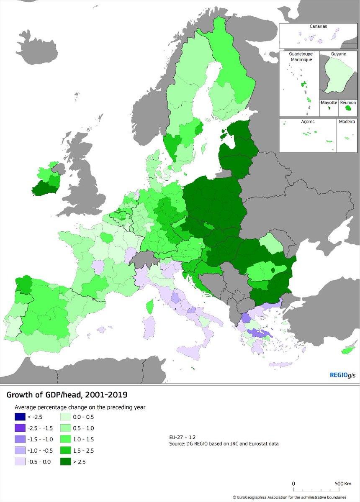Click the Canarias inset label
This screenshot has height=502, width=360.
319,26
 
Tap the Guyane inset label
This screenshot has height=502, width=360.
339,54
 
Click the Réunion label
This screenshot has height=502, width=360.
348,102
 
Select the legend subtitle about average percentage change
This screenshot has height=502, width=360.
80,407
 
